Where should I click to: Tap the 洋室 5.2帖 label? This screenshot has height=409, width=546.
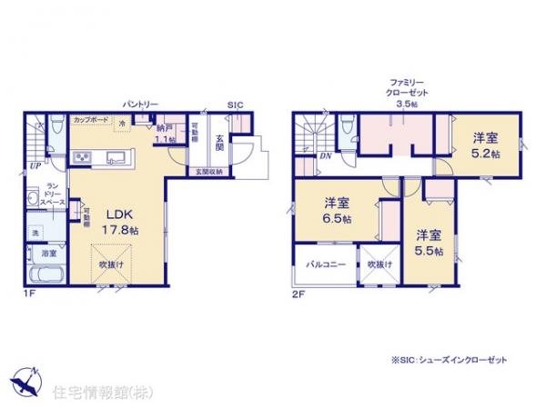(x=484, y=145)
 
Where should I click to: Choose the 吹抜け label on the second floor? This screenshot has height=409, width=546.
(x=379, y=265)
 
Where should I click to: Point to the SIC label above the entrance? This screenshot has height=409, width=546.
(x=235, y=105)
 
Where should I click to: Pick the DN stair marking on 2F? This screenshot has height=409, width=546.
(x=324, y=156)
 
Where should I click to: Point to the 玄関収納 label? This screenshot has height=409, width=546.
(x=211, y=171)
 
